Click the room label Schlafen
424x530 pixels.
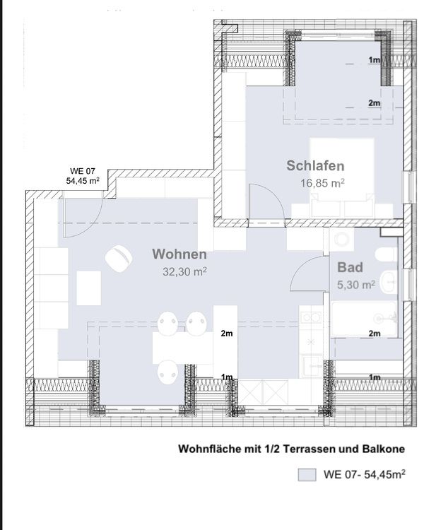(315, 165)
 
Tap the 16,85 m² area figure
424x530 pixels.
(322, 183)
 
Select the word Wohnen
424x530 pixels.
(179, 254)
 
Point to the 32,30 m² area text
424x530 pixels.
(184, 271)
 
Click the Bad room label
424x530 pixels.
(350, 267)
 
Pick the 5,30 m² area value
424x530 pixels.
(356, 285)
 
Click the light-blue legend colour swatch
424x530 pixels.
(307, 475)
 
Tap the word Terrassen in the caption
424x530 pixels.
(317, 449)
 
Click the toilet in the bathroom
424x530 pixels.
(386, 254)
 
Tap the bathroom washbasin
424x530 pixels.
(389, 281)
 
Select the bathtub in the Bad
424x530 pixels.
(364, 319)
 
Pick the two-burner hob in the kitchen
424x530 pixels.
(311, 317)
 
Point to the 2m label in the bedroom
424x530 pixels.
(375, 102)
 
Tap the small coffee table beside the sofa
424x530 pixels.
(88, 288)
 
